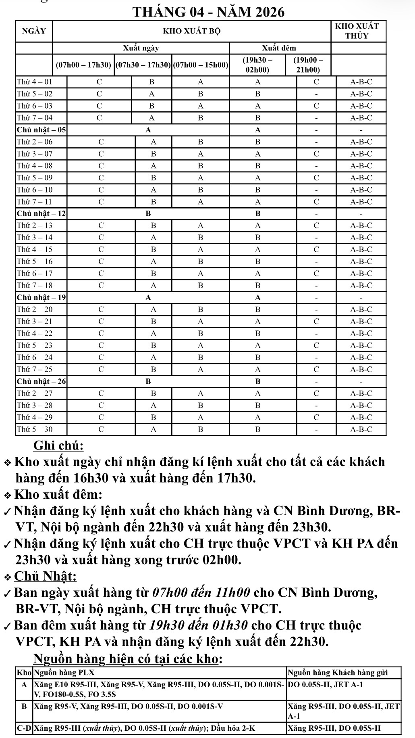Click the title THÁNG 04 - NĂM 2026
(x=208, y=12)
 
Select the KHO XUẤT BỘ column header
(x=191, y=31)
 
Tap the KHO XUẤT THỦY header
(x=357, y=31)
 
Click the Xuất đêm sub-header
(x=279, y=48)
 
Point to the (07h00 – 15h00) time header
(x=200, y=65)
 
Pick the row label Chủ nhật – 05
(x=41, y=130)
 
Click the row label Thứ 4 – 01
(x=35, y=82)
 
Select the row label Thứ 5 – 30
(x=35, y=429)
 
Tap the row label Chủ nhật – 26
(x=41, y=381)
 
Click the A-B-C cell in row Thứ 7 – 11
(x=361, y=202)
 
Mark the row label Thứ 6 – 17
(x=35, y=274)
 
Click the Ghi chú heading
(x=58, y=445)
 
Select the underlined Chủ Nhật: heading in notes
(x=46, y=576)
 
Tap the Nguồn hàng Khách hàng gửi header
(x=338, y=673)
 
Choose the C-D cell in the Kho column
(x=24, y=728)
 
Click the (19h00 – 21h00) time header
(x=308, y=65)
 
